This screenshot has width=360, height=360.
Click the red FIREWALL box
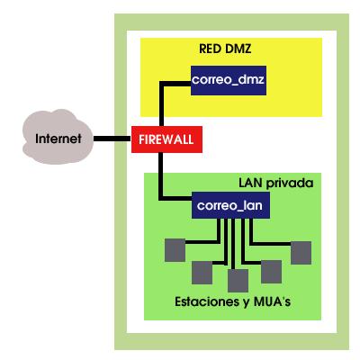click(x=166, y=139)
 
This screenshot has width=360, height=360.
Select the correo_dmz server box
click(x=229, y=80)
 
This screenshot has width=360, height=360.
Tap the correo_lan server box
click(x=230, y=205)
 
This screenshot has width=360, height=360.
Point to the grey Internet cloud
click(x=58, y=137)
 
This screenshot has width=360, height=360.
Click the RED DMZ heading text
click(x=225, y=49)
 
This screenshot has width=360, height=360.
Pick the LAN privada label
click(x=276, y=183)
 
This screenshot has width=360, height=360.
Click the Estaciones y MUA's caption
click(x=233, y=301)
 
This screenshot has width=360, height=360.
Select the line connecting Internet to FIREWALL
click(x=112, y=139)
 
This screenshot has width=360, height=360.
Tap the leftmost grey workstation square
click(x=175, y=250)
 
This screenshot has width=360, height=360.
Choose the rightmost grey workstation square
click(x=301, y=253)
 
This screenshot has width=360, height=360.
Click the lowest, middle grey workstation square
click(x=238, y=281)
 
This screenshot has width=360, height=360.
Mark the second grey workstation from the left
click(x=202, y=273)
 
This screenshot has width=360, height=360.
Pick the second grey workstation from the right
click(x=272, y=272)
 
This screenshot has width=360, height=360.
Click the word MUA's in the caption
click(x=272, y=301)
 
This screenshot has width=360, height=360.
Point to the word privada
click(x=290, y=184)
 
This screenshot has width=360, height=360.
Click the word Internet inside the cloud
click(x=58, y=139)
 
